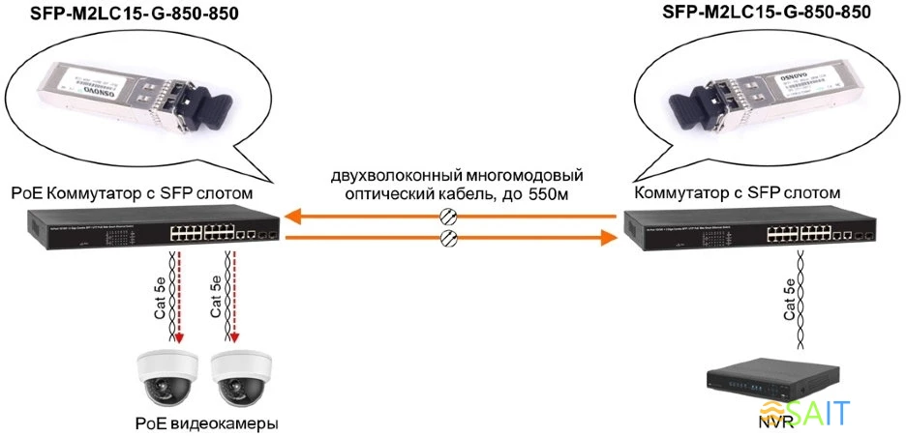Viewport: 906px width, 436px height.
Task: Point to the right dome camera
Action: click(238, 378)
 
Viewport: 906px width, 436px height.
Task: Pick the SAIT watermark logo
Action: click(810, 414)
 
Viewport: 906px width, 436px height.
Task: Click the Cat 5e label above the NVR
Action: click(791, 300)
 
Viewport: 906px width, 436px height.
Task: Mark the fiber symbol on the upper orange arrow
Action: click(447, 216)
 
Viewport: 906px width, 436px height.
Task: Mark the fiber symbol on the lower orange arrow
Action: click(447, 238)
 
